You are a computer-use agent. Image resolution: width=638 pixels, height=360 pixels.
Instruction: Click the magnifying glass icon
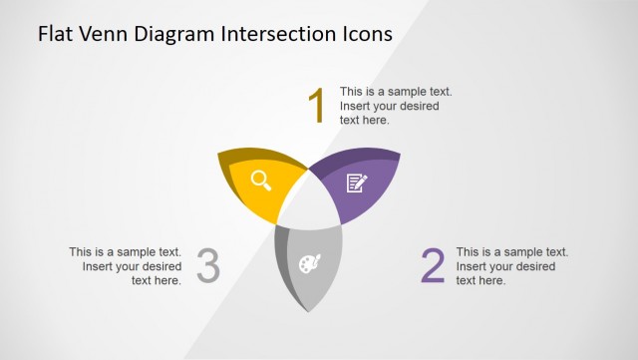pyautogui.click(x=261, y=180)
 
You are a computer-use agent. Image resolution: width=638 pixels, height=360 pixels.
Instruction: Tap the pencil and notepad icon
pyautogui.click(x=355, y=182)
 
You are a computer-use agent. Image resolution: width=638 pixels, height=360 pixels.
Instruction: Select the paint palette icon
pyautogui.click(x=310, y=264)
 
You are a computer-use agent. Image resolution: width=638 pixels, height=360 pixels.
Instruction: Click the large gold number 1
pyautogui.click(x=317, y=106)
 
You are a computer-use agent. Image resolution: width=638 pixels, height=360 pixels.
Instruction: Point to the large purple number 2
pyautogui.click(x=433, y=266)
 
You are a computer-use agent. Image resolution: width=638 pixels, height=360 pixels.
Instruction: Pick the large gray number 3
pyautogui.click(x=207, y=266)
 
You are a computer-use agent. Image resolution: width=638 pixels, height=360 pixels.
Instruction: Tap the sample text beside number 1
pyautogui.click(x=396, y=106)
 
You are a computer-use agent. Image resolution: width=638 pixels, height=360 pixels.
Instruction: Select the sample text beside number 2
pyautogui.click(x=511, y=266)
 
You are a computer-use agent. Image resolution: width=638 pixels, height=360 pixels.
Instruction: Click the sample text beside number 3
pyautogui.click(x=126, y=266)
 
